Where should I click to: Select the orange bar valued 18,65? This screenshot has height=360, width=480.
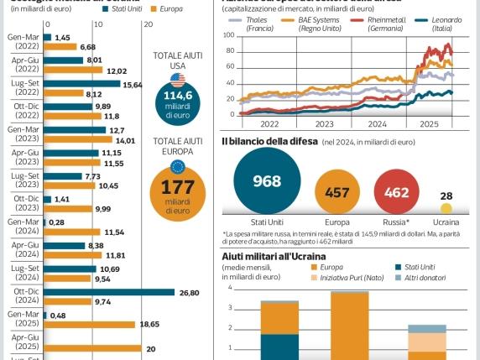coord(89,324)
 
